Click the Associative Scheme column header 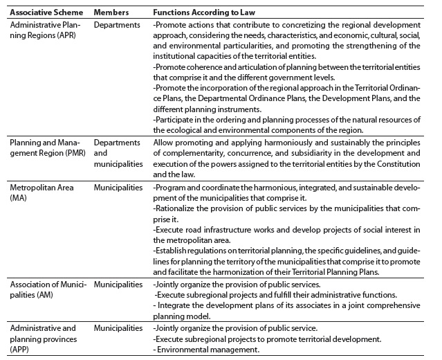click(x=45, y=12)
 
